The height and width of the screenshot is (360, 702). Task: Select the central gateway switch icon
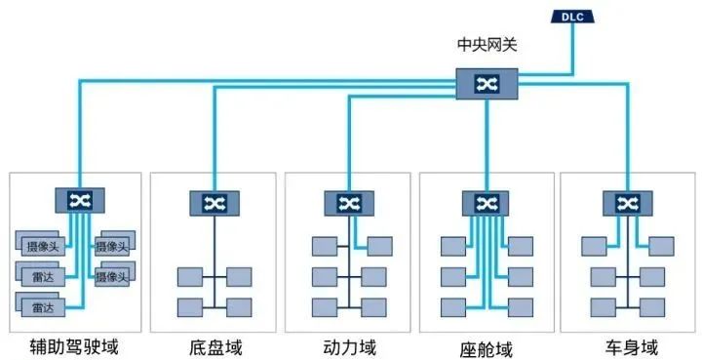click(485, 84)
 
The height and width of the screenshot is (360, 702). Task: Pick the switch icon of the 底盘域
click(214, 203)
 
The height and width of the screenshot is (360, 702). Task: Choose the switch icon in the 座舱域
click(485, 203)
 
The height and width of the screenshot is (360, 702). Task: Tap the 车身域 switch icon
click(621, 203)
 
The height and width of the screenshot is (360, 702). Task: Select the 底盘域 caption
click(214, 345)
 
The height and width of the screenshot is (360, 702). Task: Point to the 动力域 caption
click(350, 345)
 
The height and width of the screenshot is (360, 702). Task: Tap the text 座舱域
click(485, 346)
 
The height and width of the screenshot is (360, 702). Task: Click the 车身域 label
click(621, 345)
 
